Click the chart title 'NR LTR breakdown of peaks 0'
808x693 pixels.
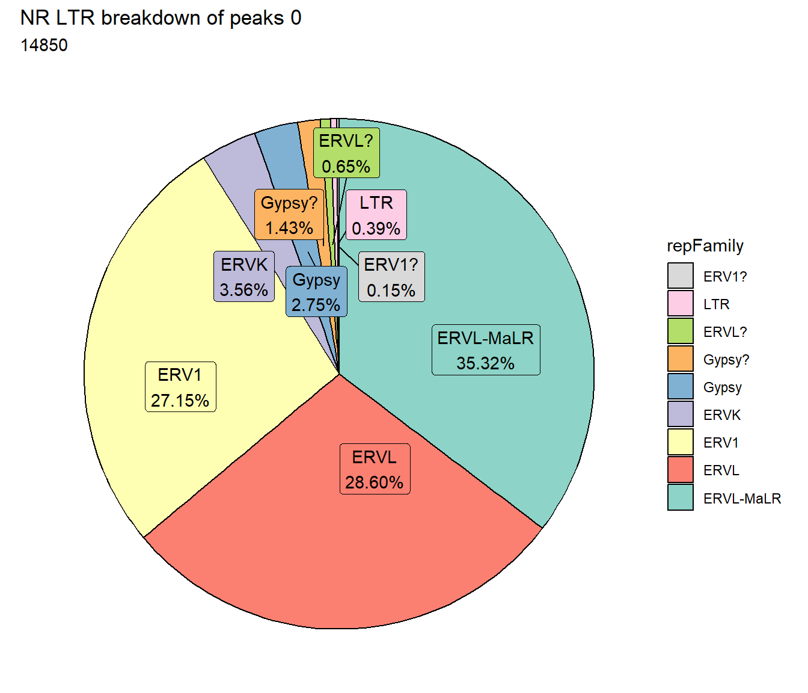161,18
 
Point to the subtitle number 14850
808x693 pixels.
44,45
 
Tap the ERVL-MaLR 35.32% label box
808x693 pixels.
486,350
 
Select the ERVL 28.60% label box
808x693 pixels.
375,469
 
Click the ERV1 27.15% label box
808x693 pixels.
180,387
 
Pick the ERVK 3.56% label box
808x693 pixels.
244,277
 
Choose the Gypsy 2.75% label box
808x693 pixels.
316,291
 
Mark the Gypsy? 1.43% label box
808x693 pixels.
289,214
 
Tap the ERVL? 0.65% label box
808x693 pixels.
346,153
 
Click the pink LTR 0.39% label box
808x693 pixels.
376,215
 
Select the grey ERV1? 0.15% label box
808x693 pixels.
391,277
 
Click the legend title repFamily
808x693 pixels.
705,246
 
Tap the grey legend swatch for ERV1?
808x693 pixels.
681,276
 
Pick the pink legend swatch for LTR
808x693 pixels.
681,303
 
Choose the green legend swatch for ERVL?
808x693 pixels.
681,331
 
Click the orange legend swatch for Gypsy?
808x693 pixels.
681,359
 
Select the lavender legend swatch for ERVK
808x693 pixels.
681,414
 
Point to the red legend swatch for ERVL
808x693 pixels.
681,470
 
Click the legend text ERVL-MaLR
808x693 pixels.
742,498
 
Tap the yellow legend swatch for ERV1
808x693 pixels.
681,442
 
